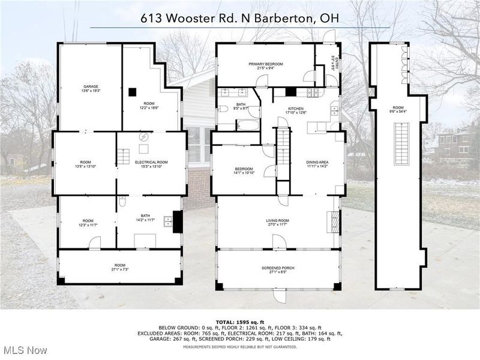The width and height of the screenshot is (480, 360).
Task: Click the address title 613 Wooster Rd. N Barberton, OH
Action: click(240, 18)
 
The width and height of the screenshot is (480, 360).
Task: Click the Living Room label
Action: click(278, 223)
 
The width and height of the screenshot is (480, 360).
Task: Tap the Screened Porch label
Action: click(278, 269)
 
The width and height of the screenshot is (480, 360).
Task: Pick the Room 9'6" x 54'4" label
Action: click(398, 109)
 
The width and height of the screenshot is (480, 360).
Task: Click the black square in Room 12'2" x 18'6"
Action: click(132, 92)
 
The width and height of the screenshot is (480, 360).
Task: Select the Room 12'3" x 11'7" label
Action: click(88, 222)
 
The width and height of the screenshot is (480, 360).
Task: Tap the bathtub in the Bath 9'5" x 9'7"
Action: click(248, 125)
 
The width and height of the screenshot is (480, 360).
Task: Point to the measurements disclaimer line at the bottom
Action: click(240, 346)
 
